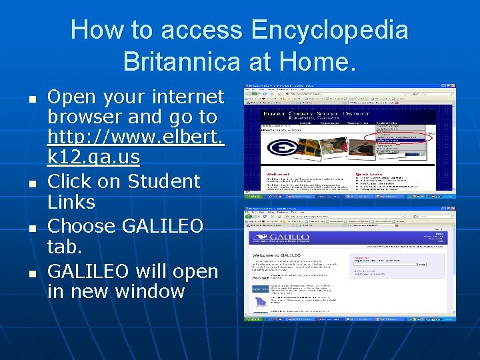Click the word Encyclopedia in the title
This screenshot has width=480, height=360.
click(x=329, y=30)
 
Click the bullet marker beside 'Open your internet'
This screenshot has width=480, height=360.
click(x=31, y=97)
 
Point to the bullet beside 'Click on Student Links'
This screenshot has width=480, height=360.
click(x=31, y=182)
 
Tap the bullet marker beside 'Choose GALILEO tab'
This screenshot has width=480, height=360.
click(x=31, y=227)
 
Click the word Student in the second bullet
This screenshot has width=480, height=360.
click(x=163, y=181)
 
